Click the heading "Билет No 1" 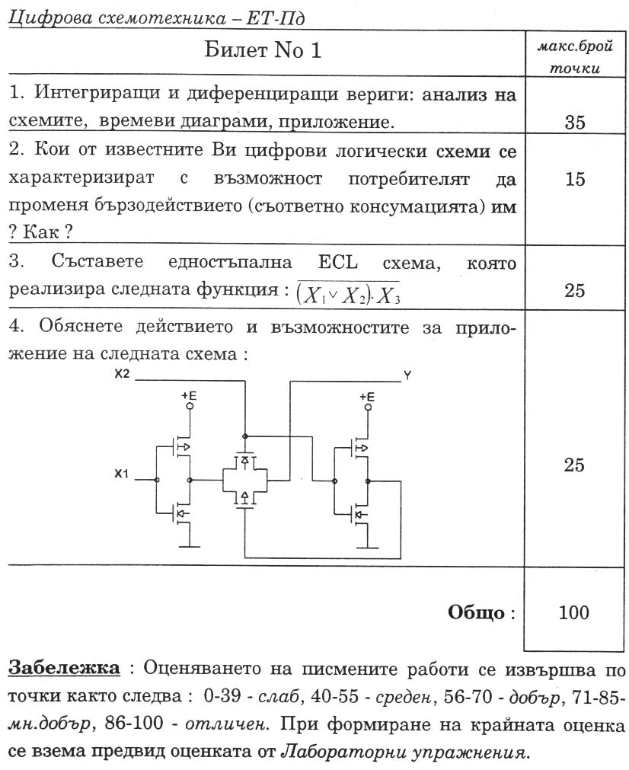[x=263, y=51]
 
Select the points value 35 [x=574, y=123]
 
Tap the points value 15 [x=574, y=180]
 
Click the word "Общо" [x=477, y=612]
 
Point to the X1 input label [x=122, y=474]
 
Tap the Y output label [x=408, y=375]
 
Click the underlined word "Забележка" [x=64, y=668]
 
